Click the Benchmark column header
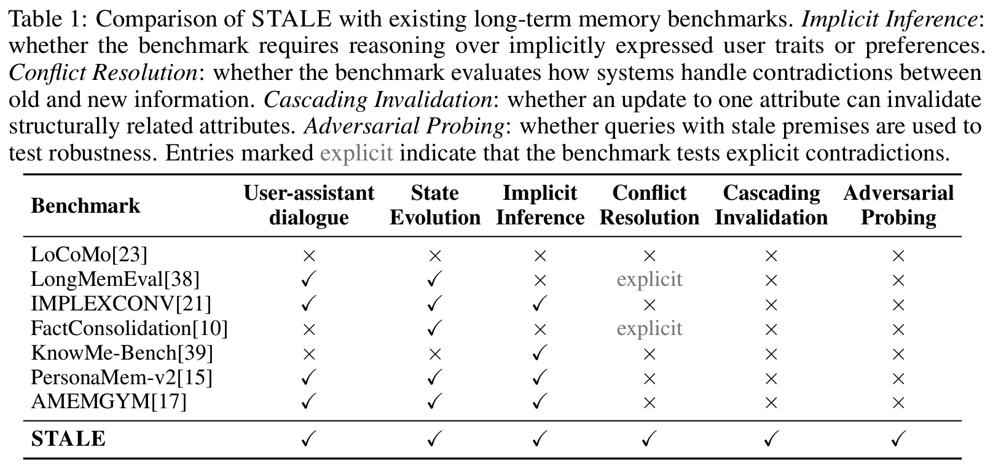point(85,206)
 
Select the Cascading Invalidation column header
point(771,205)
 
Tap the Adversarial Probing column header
point(898,205)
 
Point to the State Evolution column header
point(435,205)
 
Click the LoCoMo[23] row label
point(88,255)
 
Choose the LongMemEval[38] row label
point(116,279)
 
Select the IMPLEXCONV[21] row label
point(120,304)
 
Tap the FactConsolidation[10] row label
point(129,328)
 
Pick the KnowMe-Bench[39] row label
point(122,353)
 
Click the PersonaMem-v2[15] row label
point(122,377)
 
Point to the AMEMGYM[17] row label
point(109,401)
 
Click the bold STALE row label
point(68,438)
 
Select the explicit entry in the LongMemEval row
point(650,279)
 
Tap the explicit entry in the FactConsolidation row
point(650,328)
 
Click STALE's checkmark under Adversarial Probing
point(898,438)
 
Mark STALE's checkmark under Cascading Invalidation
point(771,438)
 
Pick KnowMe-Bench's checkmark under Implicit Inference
point(540,353)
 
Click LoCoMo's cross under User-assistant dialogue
point(308,255)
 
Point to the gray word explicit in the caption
point(356,153)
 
